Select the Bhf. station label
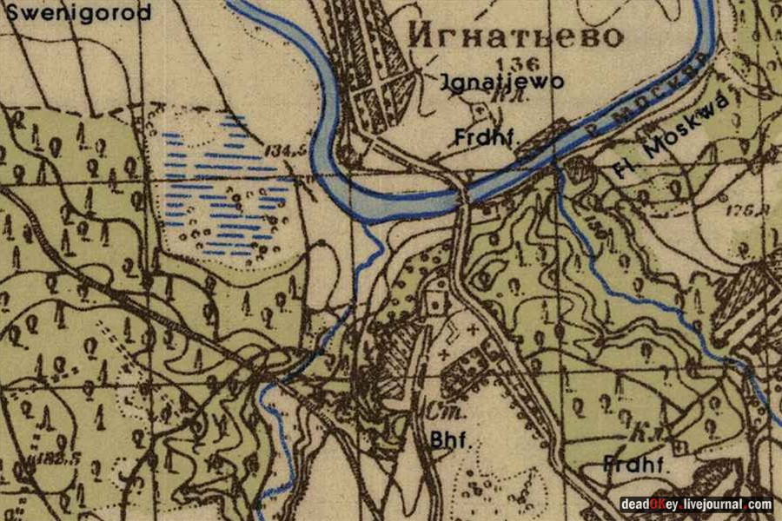[x=450, y=440]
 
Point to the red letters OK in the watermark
[x=658, y=505]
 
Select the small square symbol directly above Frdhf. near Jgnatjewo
[x=480, y=109]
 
